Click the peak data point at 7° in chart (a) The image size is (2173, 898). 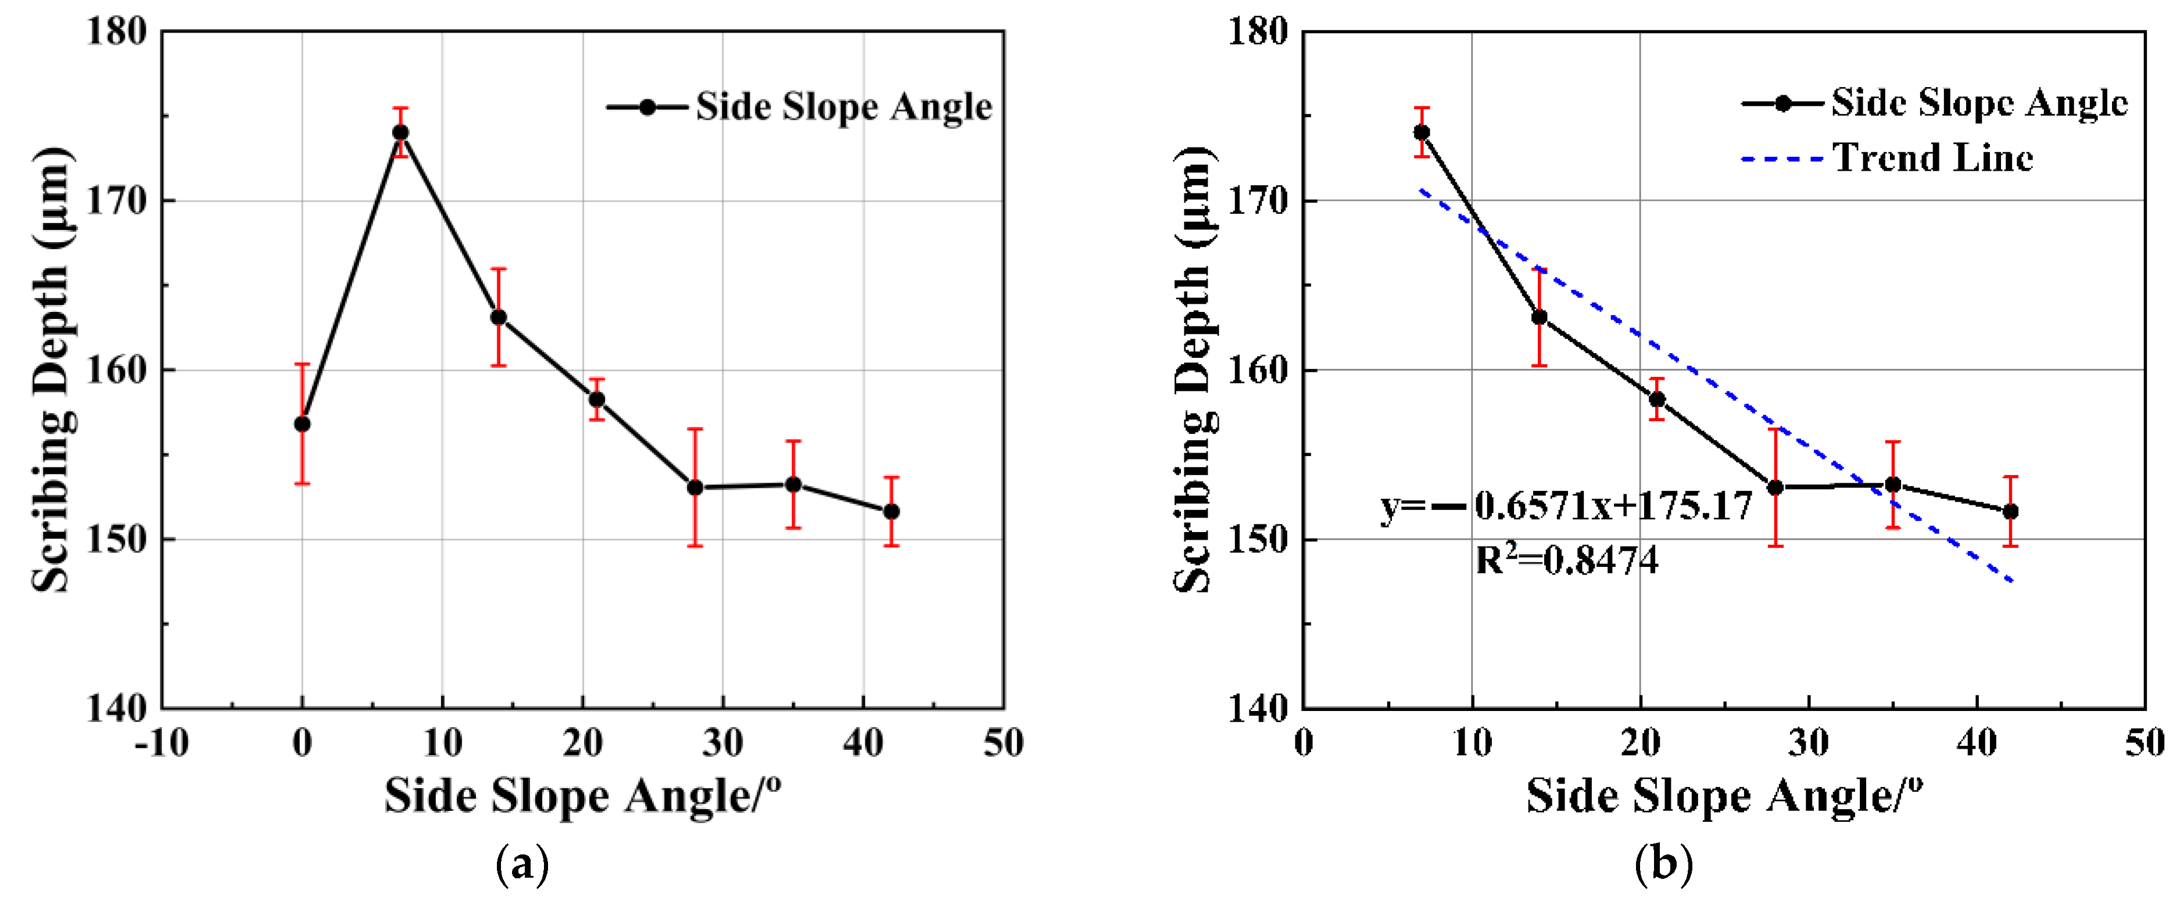(x=400, y=132)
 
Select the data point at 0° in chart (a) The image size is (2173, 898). (x=302, y=423)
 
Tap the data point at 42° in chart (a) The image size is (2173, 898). (x=891, y=512)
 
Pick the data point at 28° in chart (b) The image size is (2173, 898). (x=1775, y=487)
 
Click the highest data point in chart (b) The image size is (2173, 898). (x=1422, y=132)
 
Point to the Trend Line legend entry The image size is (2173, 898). (x=1932, y=157)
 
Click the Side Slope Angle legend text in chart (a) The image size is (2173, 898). (x=843, y=107)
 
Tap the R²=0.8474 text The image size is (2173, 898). (x=1566, y=560)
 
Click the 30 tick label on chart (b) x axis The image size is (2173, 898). (x=1808, y=743)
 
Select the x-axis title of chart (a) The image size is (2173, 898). (x=582, y=795)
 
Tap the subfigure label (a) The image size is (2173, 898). (x=523, y=864)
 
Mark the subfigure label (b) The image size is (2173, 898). (x=1663, y=864)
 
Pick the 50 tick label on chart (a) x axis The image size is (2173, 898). (x=1003, y=743)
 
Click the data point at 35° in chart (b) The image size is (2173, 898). (x=1893, y=485)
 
